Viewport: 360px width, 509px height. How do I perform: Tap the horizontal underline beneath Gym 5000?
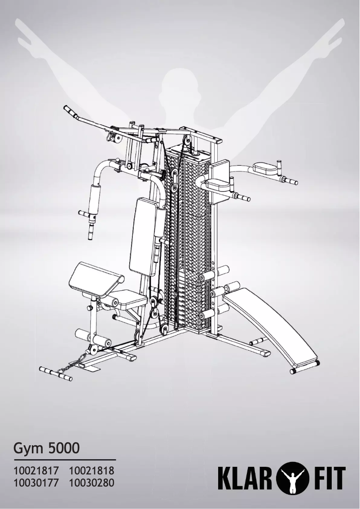click(x=65, y=460)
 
